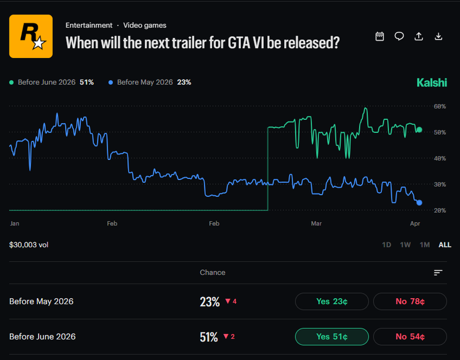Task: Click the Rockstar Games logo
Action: coord(31,36)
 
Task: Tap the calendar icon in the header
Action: coord(380,36)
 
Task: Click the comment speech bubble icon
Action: coord(399,36)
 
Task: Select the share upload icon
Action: coord(419,36)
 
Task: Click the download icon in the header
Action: coord(438,36)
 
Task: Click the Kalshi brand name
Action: coord(432,82)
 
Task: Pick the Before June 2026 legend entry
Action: coord(51,82)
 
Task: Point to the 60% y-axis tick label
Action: coord(439,106)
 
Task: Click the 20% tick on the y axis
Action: coord(439,210)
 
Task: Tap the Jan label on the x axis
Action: coord(14,223)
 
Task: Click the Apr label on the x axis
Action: coord(414,223)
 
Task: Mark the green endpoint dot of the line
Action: coord(419,130)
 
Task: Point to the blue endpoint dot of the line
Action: coord(419,203)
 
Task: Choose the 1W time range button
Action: coord(405,245)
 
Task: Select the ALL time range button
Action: coord(445,245)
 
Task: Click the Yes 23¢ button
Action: coord(332,301)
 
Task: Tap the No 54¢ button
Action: coord(410,337)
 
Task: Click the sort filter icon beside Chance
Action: coord(438,273)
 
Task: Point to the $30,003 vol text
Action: coord(28,245)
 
